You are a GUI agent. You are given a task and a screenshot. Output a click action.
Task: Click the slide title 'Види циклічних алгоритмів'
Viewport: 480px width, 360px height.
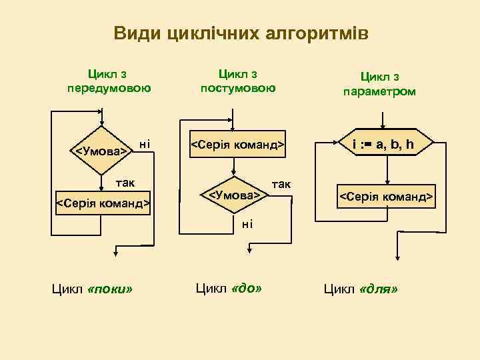pyautogui.click(x=241, y=33)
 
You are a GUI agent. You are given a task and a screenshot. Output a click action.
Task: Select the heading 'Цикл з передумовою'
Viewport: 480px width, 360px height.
pyautogui.click(x=109, y=81)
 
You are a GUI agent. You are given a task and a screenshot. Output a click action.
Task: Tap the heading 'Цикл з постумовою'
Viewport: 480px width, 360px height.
pyautogui.click(x=238, y=81)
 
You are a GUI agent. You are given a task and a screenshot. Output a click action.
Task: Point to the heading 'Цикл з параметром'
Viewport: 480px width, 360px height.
pyautogui.click(x=379, y=84)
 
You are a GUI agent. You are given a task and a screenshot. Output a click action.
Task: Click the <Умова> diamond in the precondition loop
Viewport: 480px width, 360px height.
pyautogui.click(x=101, y=151)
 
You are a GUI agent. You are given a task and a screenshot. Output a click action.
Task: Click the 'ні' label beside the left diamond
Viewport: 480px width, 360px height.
pyautogui.click(x=143, y=143)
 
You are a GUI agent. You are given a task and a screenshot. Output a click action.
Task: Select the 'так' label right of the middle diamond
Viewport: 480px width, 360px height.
pyautogui.click(x=281, y=183)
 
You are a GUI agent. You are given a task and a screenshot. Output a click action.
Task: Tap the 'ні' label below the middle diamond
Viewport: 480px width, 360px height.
pyautogui.click(x=247, y=223)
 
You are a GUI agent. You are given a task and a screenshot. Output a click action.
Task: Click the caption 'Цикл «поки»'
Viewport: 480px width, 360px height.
pyautogui.click(x=92, y=289)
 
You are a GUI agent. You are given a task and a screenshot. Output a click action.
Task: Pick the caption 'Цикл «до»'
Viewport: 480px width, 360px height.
pyautogui.click(x=228, y=288)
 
